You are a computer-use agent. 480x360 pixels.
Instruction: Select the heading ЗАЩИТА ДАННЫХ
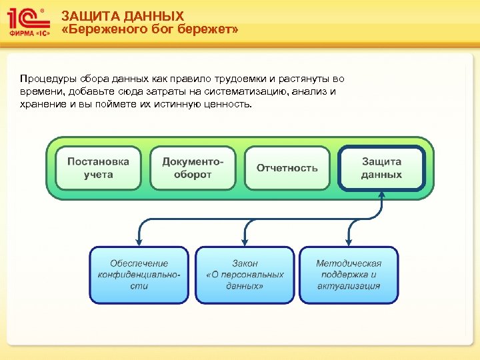(x=123, y=16)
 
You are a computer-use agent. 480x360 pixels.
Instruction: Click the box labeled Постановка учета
(x=98, y=168)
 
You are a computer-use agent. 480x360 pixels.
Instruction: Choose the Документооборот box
(x=193, y=168)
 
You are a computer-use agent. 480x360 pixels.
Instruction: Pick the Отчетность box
(x=287, y=168)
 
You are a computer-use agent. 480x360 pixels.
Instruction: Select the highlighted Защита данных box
(x=381, y=168)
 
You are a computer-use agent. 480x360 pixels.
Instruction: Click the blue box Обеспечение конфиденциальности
(x=139, y=275)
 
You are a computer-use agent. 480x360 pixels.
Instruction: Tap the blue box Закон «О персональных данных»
(x=245, y=275)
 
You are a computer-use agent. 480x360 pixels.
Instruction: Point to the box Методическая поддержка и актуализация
(x=349, y=275)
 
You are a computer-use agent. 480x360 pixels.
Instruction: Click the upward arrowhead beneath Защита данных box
(x=381, y=195)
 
